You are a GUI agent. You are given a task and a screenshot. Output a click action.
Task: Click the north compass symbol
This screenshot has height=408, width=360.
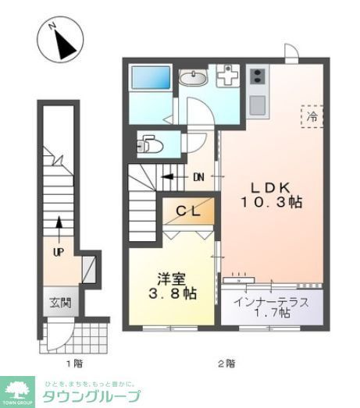[x=59, y=40]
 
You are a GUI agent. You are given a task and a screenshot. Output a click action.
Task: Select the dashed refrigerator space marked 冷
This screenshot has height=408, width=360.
[x=311, y=117]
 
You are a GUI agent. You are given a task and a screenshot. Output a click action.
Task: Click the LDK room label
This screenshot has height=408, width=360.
[x=270, y=187]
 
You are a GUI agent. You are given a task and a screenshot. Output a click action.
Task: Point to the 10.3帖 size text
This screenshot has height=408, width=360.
[x=270, y=202]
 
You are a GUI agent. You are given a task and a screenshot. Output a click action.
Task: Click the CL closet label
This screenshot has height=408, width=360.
[x=187, y=210]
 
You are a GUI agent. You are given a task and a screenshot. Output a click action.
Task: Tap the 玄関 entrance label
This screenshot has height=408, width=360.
[x=50, y=302]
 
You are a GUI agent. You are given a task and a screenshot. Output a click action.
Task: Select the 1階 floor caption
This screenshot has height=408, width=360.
[x=73, y=363]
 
